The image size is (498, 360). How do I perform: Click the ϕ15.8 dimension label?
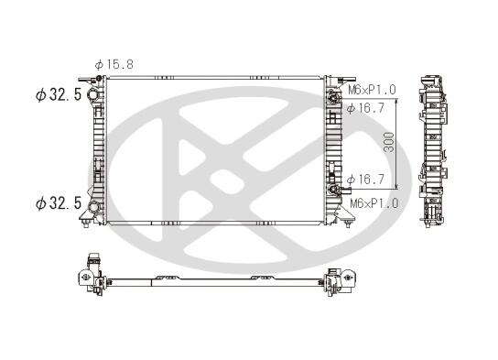click(114, 64)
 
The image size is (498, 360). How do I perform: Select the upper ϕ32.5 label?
click(59, 94)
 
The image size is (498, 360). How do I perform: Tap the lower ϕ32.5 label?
click(59, 203)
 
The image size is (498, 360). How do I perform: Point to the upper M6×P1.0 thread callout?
click(373, 90)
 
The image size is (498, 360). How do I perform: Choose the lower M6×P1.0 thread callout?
click(373, 203)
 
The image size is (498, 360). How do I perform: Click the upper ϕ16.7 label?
click(365, 108)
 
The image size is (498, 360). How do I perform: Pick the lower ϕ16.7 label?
click(365, 180)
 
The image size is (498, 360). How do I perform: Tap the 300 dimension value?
click(389, 142)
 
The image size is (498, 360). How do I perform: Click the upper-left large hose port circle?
click(92, 94)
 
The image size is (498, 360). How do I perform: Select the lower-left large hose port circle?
click(93, 207)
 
